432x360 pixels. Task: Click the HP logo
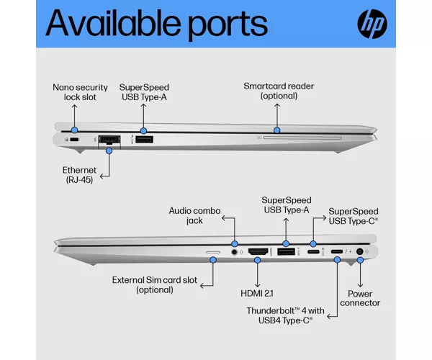point(372,24)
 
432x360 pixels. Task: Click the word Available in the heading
point(113,22)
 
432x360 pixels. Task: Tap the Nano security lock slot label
point(80,92)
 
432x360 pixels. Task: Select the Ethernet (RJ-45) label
point(79,175)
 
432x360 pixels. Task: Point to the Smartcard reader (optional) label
point(279,91)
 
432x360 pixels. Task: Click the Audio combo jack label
point(194,215)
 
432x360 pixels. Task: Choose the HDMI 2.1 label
point(257,293)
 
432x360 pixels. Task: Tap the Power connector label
point(360,298)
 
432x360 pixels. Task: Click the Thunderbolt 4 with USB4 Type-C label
point(285,315)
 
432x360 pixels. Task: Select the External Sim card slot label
point(155,285)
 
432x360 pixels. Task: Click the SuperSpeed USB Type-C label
point(354,216)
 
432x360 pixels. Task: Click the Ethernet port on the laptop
point(109,140)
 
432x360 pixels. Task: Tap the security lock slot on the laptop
point(74,140)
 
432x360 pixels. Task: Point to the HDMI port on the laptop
point(258,251)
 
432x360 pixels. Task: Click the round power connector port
point(359,251)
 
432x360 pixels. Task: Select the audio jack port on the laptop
point(234,252)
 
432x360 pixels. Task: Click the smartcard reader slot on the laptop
point(302,138)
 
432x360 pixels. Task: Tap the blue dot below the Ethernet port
point(109,151)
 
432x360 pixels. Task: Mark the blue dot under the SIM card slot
point(213,260)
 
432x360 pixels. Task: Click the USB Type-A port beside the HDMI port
point(286,251)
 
